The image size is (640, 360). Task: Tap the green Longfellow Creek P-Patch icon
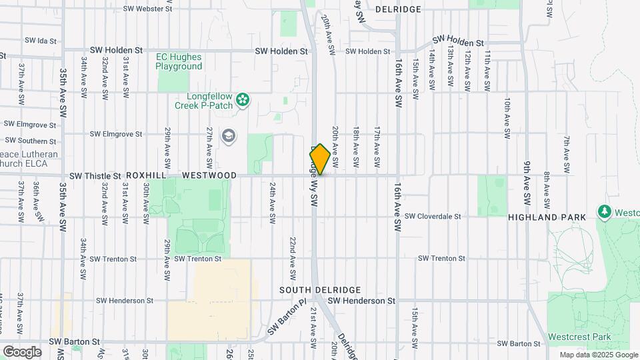243,100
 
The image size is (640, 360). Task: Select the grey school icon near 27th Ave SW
229,136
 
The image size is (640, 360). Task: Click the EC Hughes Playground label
179,61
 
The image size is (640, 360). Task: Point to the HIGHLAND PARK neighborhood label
547,217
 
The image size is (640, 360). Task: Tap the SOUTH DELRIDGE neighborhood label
320,290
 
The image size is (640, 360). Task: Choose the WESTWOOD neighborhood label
209,175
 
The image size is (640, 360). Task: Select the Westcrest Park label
579,337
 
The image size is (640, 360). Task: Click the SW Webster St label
148,9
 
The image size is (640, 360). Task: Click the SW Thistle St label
95,176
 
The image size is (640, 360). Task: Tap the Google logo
22,351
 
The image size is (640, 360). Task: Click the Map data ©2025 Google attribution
598,355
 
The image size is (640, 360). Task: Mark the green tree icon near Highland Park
605,211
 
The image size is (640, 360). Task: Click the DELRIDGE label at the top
398,9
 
